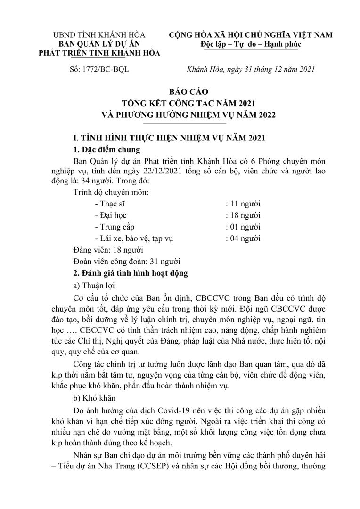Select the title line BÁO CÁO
pos(181,92)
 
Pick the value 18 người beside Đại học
pos(243,215)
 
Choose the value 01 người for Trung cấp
pos(243,227)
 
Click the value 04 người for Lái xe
pos(243,238)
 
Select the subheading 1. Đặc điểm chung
pos(107,150)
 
